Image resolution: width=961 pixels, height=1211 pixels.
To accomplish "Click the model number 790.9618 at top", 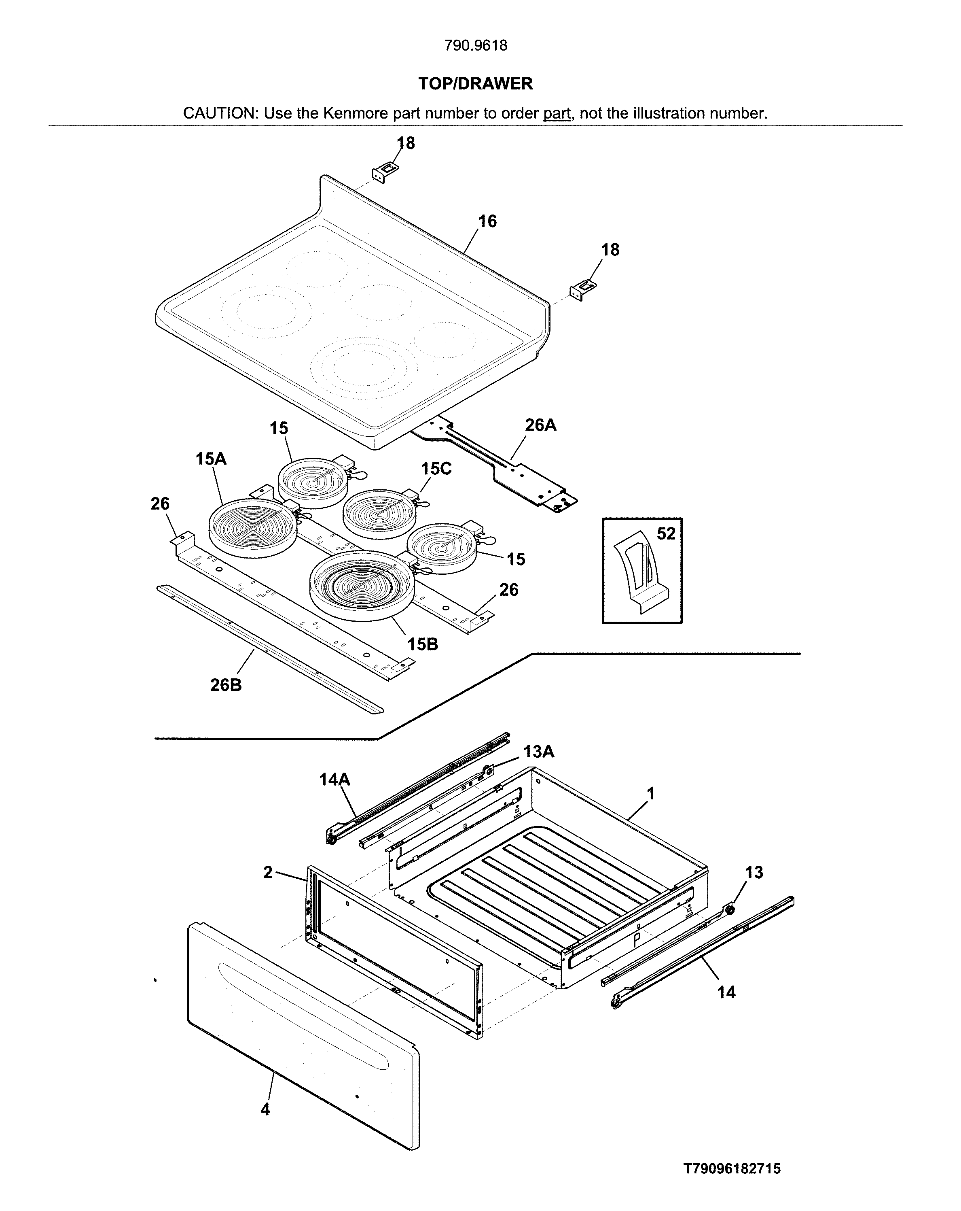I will pyautogui.click(x=476, y=45).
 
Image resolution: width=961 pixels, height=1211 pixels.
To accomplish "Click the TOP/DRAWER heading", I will pyautogui.click(x=476, y=84).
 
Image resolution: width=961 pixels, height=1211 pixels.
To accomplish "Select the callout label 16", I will pyautogui.click(x=487, y=221).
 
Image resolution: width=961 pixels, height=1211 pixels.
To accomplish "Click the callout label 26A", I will pyautogui.click(x=540, y=425).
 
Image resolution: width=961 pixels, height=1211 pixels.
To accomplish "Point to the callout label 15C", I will pyautogui.click(x=436, y=468).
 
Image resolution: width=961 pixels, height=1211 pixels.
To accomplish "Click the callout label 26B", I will pyautogui.click(x=226, y=685).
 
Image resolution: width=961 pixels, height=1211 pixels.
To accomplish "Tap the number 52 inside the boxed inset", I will pyautogui.click(x=666, y=533).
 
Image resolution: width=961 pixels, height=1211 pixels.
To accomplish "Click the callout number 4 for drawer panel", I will pyautogui.click(x=265, y=1109).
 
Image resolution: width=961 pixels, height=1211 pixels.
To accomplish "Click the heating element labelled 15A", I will pyautogui.click(x=253, y=528).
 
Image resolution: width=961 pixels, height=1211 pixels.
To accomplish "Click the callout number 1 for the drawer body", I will pyautogui.click(x=651, y=794).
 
